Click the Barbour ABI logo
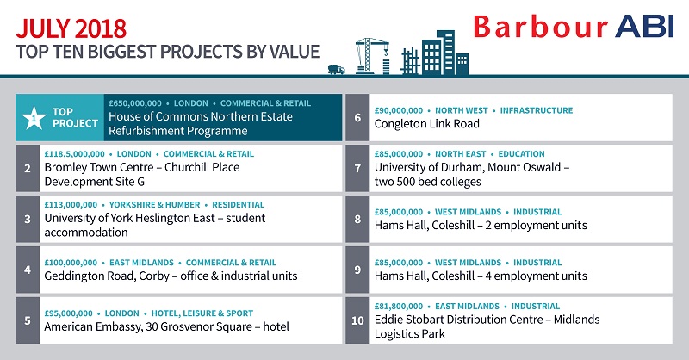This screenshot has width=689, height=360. pyautogui.click(x=574, y=27)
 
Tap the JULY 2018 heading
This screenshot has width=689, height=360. pyautogui.click(x=71, y=28)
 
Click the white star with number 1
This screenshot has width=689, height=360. pyautogui.click(x=34, y=118)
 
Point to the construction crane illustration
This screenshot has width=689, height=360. pyautogui.click(x=372, y=55)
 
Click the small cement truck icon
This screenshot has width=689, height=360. pyautogui.click(x=337, y=69)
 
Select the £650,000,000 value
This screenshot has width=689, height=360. pyautogui.click(x=135, y=103)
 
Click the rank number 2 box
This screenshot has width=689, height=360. pyautogui.click(x=28, y=168)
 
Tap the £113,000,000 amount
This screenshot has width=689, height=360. pyautogui.click(x=71, y=205)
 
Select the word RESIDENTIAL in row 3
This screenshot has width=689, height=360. pyautogui.click(x=239, y=205)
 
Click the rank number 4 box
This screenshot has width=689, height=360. pyautogui.click(x=28, y=270)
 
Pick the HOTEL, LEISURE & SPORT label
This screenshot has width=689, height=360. pyautogui.click(x=202, y=313)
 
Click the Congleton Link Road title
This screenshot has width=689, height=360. pyautogui.click(x=426, y=124)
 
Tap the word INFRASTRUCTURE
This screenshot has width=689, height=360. pyautogui.click(x=537, y=110)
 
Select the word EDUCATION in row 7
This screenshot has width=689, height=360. pyautogui.click(x=521, y=154)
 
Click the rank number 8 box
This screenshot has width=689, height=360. pyautogui.click(x=357, y=219)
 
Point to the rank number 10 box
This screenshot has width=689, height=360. pyautogui.click(x=357, y=320)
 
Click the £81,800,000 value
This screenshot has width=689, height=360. pyautogui.click(x=399, y=307)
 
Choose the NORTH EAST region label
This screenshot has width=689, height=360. pyautogui.click(x=461, y=154)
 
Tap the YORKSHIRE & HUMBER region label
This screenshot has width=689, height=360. pyautogui.click(x=154, y=205)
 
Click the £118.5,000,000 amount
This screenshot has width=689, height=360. pyautogui.click(x=74, y=154)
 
